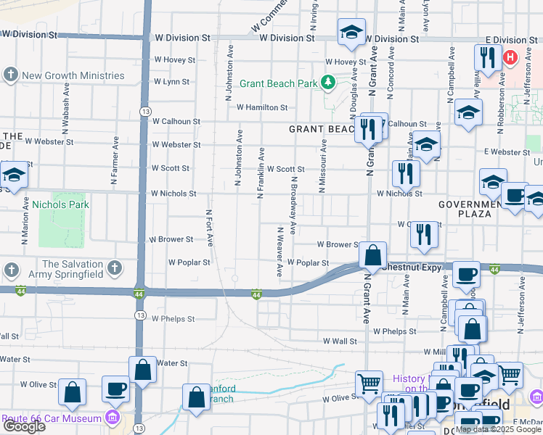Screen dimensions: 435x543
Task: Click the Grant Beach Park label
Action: pyautogui.click(x=278, y=83)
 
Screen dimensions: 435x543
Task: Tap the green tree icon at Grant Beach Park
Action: pyautogui.click(x=328, y=83)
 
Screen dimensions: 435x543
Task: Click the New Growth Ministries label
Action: pyautogui.click(x=73, y=75)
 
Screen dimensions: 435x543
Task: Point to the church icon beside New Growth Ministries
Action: pyautogui.click(x=11, y=75)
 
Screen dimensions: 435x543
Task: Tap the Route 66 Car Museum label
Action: pyautogui.click(x=51, y=419)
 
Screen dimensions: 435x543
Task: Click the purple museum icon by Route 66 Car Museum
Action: pyautogui.click(x=113, y=418)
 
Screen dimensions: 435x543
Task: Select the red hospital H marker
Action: pyautogui.click(x=510, y=56)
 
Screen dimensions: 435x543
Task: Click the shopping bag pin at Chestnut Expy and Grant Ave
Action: pyautogui.click(x=372, y=256)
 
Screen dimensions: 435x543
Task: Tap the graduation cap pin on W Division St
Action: pyautogui.click(x=351, y=32)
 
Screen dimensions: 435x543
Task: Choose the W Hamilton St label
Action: pyautogui.click(x=262, y=107)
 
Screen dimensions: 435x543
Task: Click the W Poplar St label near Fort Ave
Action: pyautogui.click(x=189, y=262)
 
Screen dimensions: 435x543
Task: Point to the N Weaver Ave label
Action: pyautogui.click(x=279, y=251)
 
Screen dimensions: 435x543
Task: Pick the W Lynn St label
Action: pyautogui.click(x=171, y=82)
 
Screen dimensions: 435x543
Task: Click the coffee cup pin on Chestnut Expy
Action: pyautogui.click(x=465, y=275)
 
